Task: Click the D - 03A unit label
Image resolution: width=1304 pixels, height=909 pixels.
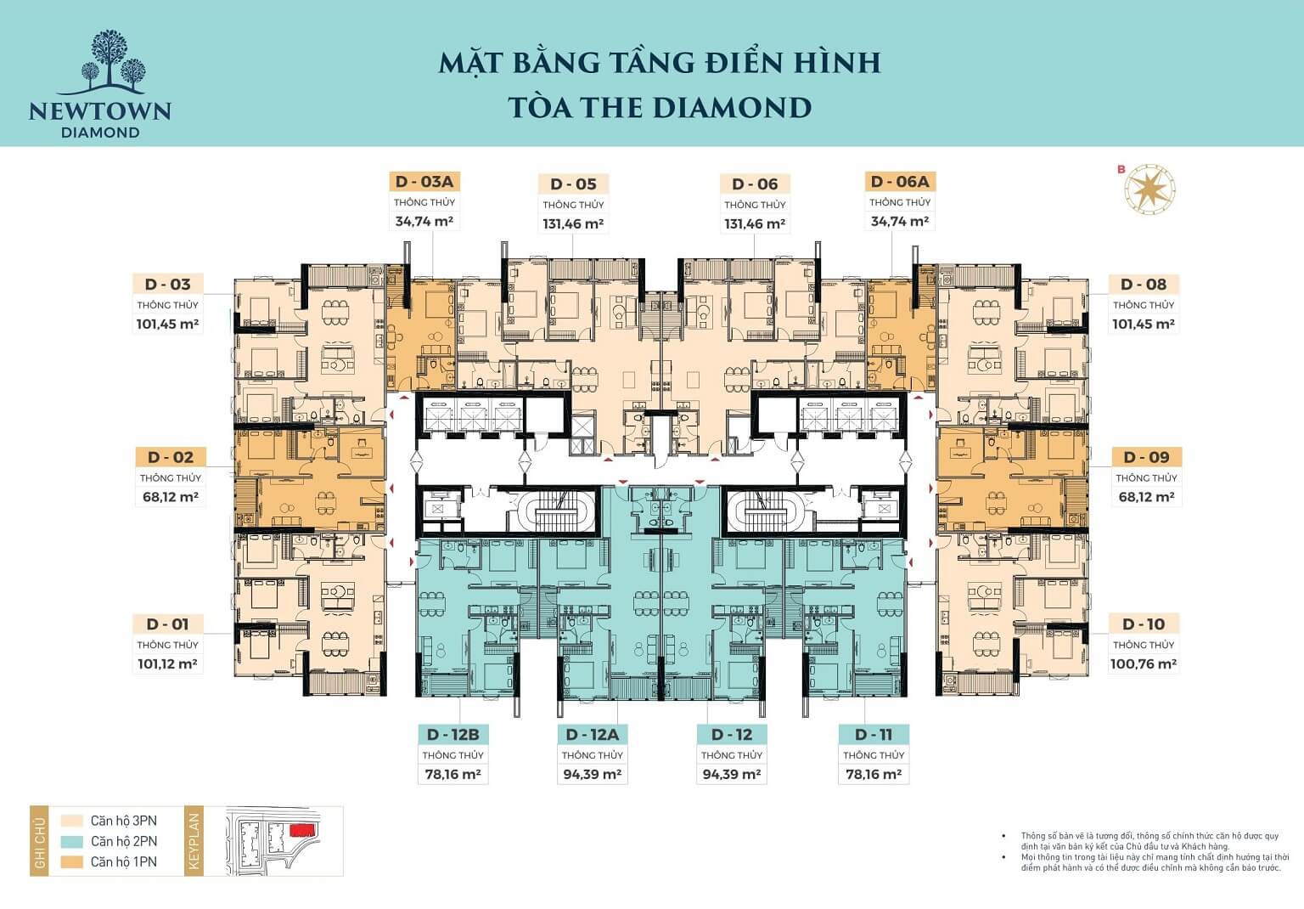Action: pyautogui.click(x=424, y=182)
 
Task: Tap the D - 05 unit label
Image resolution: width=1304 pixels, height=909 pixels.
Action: pyautogui.click(x=573, y=184)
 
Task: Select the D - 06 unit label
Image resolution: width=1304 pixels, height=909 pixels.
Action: pyautogui.click(x=755, y=184)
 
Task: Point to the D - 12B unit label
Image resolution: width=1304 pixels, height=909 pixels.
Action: pyautogui.click(x=452, y=735)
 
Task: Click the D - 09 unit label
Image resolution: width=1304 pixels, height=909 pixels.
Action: pyautogui.click(x=1146, y=458)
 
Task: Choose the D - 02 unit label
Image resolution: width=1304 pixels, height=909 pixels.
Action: pyautogui.click(x=171, y=458)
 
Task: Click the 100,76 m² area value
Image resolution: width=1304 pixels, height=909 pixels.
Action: pyautogui.click(x=1143, y=664)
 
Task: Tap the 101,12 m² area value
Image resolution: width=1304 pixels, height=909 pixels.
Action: pyautogui.click(x=167, y=664)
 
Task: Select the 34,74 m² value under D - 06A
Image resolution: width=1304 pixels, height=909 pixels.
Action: pyautogui.click(x=899, y=222)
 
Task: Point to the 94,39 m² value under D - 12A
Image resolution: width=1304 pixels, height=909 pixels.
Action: pyautogui.click(x=592, y=775)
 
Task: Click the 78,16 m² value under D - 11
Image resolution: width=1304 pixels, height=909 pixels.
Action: pyautogui.click(x=874, y=775)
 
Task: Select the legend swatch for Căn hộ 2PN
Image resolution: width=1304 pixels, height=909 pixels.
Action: pyautogui.click(x=71, y=841)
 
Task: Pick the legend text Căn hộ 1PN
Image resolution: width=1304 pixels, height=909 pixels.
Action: pyautogui.click(x=124, y=861)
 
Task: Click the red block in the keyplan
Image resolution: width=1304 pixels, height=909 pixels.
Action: pyautogui.click(x=301, y=828)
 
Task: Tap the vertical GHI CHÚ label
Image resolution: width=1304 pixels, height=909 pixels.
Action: pyautogui.click(x=38, y=840)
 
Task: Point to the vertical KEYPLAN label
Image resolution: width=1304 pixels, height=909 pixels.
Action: pyautogui.click(x=194, y=840)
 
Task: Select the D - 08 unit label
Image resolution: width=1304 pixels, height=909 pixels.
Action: pyautogui.click(x=1143, y=285)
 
